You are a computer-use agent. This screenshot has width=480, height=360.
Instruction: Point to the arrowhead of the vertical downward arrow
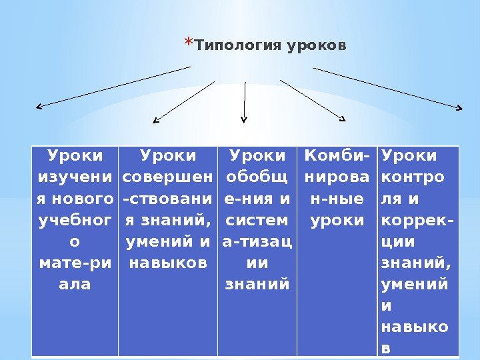click(244, 120)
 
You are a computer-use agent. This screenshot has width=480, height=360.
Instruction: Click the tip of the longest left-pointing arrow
click(38, 106)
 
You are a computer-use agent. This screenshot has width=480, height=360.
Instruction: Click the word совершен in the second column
click(169, 177)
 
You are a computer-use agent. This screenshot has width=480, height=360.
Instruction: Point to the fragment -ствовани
click(169, 199)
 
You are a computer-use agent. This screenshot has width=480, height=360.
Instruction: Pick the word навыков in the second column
click(169, 262)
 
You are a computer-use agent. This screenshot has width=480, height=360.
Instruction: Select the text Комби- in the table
click(337, 156)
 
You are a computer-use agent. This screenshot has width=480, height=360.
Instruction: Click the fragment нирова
click(337, 177)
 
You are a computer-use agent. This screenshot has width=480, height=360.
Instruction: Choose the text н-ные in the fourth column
click(337, 199)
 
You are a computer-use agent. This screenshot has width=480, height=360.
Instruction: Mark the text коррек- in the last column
click(413, 219)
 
